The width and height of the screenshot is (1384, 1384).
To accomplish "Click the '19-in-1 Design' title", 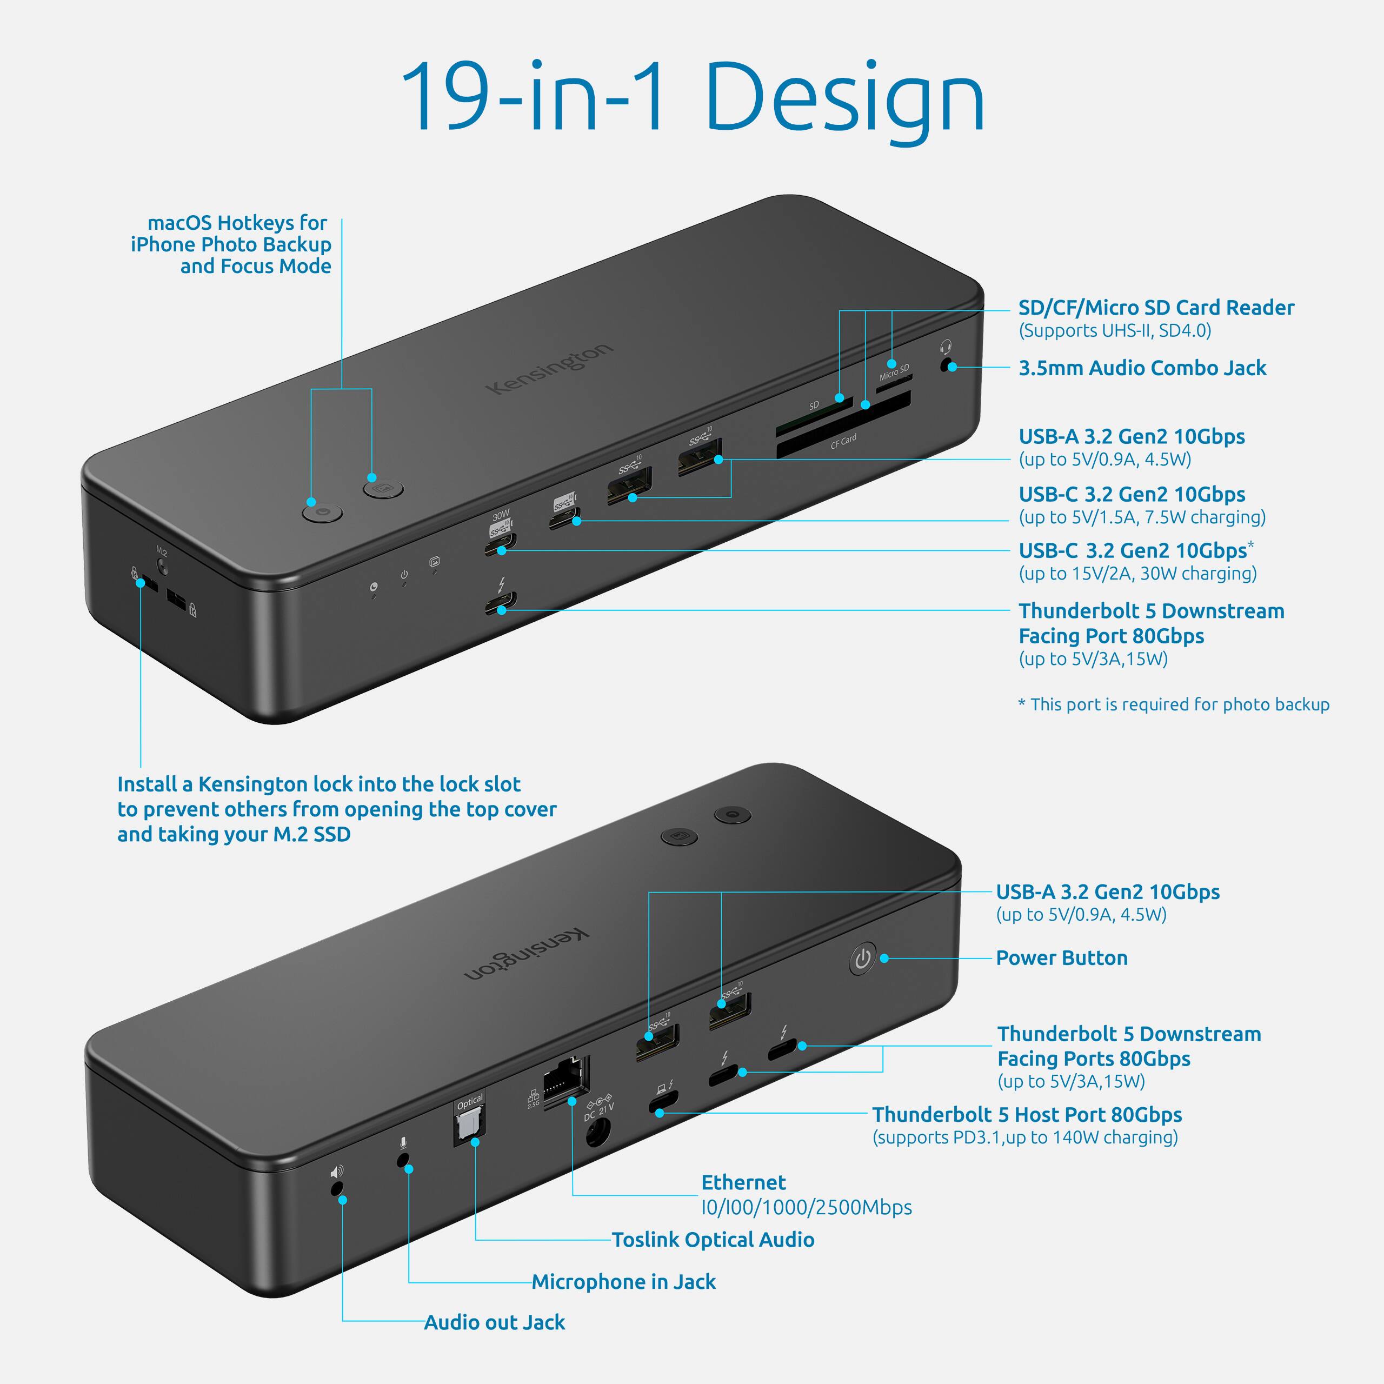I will [692, 98].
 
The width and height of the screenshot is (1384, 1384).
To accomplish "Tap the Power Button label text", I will [1062, 958].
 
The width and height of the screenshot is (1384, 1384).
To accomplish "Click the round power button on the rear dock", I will [862, 959].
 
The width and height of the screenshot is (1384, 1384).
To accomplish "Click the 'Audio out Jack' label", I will [494, 1322].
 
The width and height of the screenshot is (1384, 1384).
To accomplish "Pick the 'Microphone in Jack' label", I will [623, 1282].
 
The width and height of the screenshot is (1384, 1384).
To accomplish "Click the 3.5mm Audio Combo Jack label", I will [1142, 368].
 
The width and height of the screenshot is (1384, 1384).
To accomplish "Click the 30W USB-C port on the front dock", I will [500, 544].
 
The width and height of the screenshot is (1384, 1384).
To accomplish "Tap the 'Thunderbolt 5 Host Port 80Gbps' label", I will [1027, 1115].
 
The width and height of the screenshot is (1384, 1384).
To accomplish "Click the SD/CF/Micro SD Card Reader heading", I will [1155, 308].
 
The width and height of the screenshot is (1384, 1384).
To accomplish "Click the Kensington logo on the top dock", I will [549, 368].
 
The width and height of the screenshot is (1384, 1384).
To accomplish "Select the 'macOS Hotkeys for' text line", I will [237, 223].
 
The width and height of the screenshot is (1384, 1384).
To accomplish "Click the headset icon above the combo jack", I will [946, 348].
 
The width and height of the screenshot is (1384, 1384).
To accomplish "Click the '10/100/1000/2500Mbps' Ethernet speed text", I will [806, 1208].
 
